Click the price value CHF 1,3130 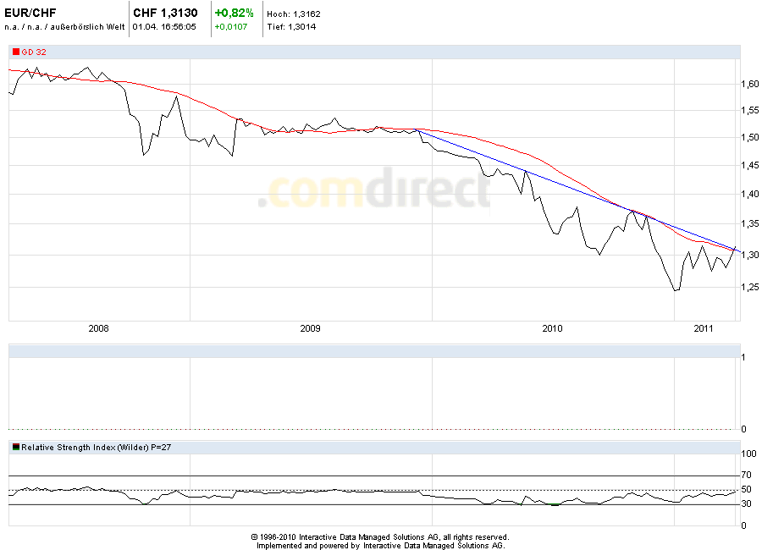[165, 14]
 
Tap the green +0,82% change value [234, 14]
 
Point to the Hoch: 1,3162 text [293, 14]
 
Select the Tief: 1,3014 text [293, 27]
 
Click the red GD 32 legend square [15, 52]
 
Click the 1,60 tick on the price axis [749, 84]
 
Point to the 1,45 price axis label [749, 166]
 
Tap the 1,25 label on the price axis [749, 288]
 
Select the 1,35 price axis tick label [749, 224]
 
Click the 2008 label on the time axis [99, 327]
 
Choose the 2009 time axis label [311, 327]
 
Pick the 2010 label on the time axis [552, 327]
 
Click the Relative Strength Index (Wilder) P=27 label [97, 447]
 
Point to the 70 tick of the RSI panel [746, 476]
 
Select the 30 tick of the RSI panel [746, 504]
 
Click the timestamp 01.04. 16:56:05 [164, 27]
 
